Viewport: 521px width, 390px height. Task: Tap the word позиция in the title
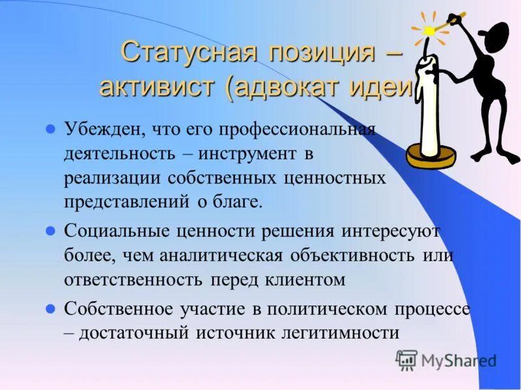pos(312,52)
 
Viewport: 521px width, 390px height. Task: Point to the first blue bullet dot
pos(49,128)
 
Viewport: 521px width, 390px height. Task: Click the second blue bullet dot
pos(49,231)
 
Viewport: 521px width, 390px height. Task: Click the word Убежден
pos(104,129)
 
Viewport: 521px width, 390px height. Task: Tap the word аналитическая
pos(222,255)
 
